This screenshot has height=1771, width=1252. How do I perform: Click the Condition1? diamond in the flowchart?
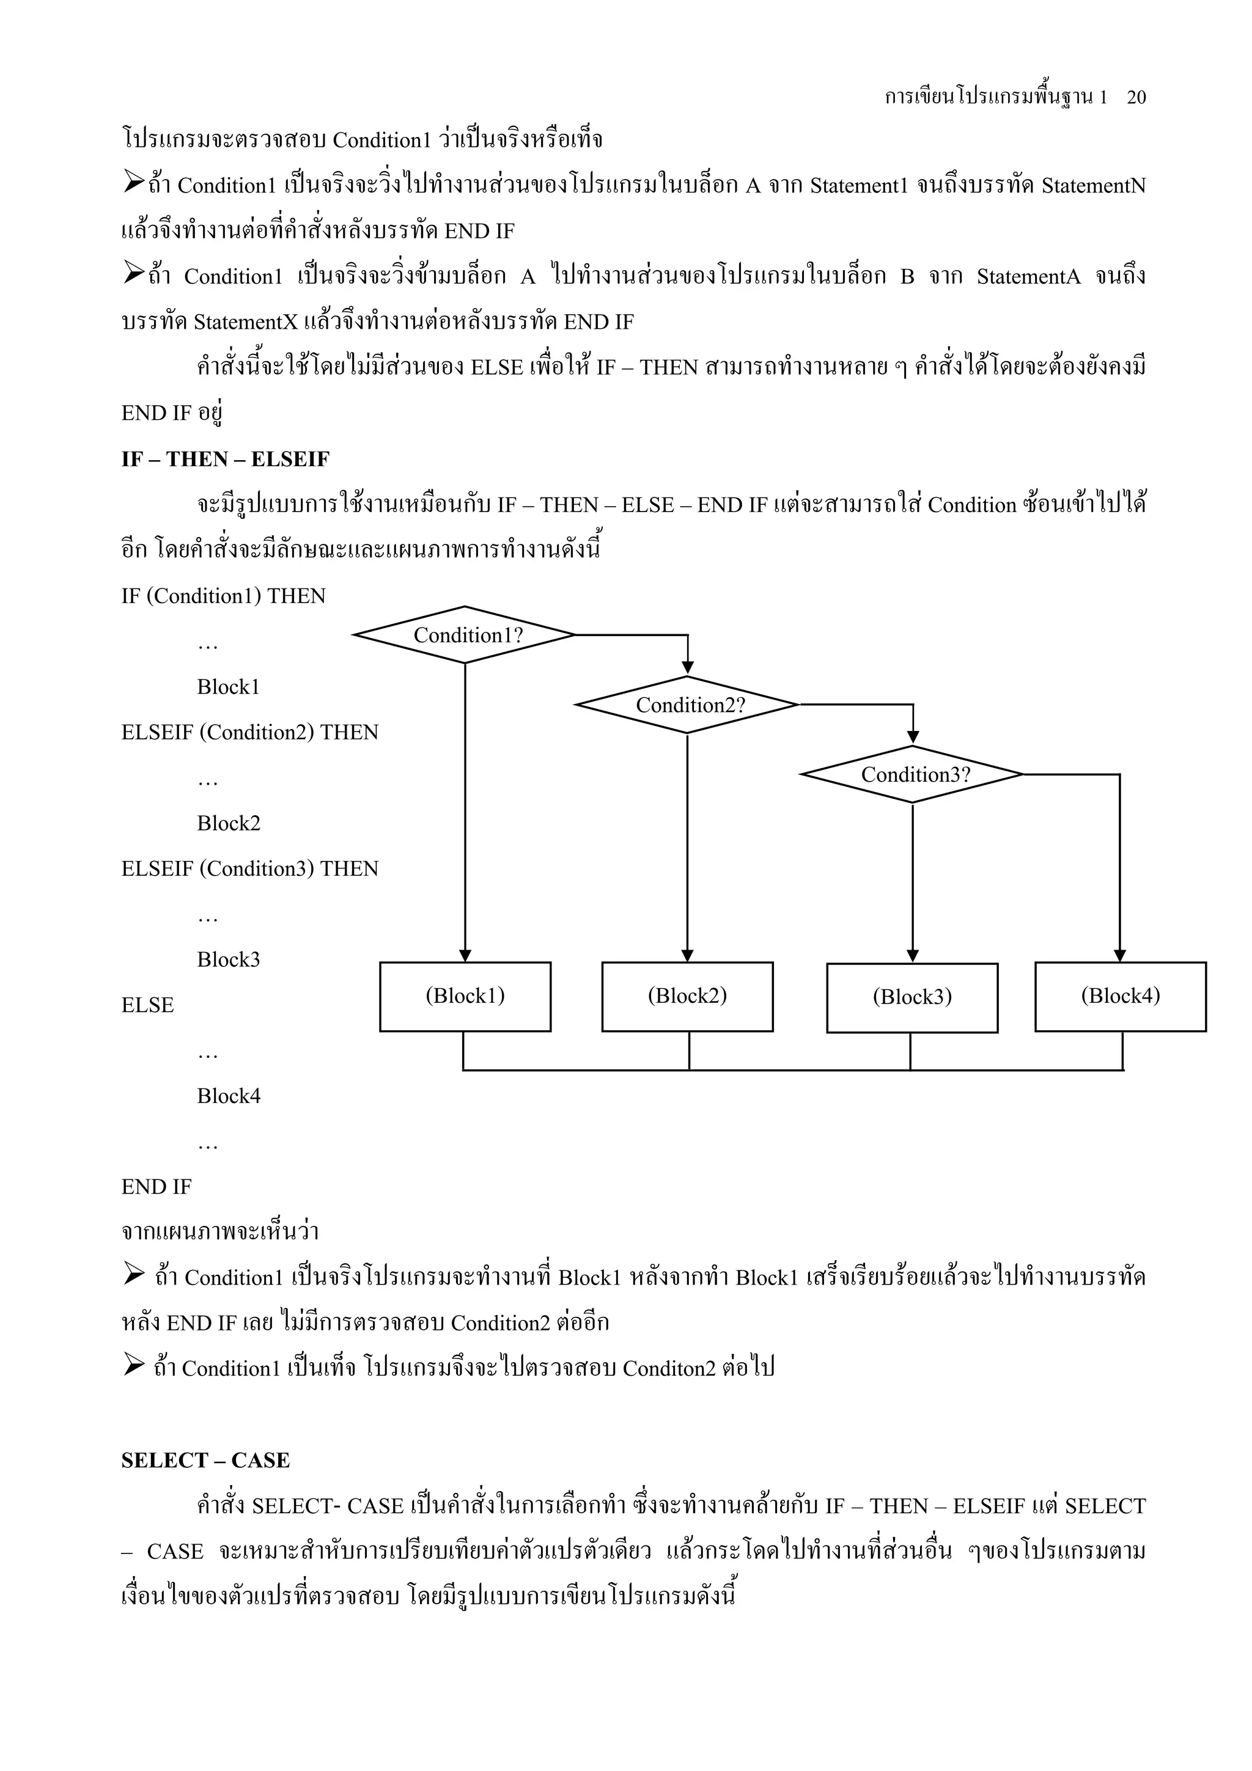pyautogui.click(x=465, y=635)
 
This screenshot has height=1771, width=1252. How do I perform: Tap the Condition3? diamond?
pyautogui.click(x=913, y=774)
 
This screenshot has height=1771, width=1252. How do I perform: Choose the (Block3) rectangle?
pyautogui.click(x=912, y=997)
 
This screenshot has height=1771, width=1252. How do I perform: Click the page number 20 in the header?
pyautogui.click(x=1136, y=97)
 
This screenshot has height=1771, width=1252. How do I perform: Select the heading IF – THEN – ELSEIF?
pyautogui.click(x=225, y=460)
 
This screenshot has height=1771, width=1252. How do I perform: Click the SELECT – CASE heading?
pyautogui.click(x=205, y=1460)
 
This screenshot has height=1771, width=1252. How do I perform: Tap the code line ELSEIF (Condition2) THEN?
pyautogui.click(x=250, y=732)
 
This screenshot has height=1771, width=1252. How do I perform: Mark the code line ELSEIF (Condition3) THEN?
pyautogui.click(x=250, y=868)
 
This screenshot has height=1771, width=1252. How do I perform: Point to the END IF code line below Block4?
pyautogui.click(x=156, y=1186)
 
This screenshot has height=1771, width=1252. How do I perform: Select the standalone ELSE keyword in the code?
pyautogui.click(x=147, y=1005)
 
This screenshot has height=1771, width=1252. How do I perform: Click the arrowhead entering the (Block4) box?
pyautogui.click(x=1120, y=956)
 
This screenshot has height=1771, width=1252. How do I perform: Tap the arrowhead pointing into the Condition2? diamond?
pyautogui.click(x=687, y=668)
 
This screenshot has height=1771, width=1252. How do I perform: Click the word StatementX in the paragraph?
pyautogui.click(x=245, y=321)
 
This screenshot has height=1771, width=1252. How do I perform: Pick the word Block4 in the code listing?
pyautogui.click(x=229, y=1096)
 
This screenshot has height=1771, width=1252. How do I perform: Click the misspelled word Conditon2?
pyautogui.click(x=669, y=1368)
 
